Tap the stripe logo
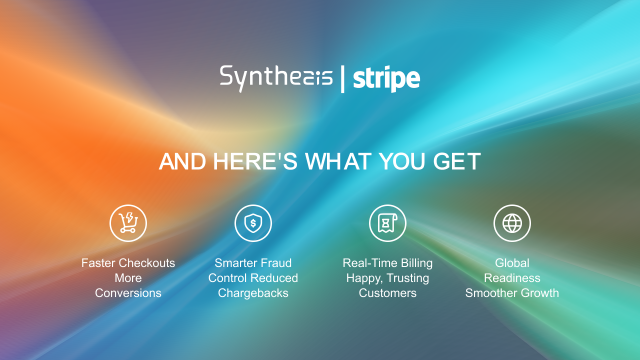coord(386,79)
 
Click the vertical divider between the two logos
coord(342,79)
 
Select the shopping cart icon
coord(128,223)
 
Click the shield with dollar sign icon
coord(253,223)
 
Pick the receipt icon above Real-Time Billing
coord(387,223)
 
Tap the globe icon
coord(512,223)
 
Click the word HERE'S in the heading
coord(255,161)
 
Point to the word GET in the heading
coord(457,161)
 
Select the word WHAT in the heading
coord(339,161)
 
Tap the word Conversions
coord(128,293)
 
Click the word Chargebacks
coord(253,293)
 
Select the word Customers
coord(387,293)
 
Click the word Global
coord(512,263)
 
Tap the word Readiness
coord(512,278)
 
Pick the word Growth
coord(538,293)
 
